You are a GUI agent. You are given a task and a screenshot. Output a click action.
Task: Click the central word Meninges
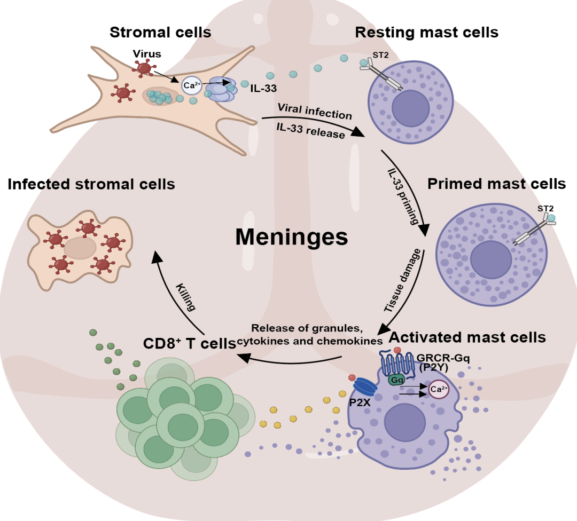pos(292,236)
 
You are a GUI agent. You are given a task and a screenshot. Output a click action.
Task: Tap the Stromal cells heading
pos(160,33)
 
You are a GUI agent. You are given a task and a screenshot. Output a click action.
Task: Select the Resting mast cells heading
pos(426,33)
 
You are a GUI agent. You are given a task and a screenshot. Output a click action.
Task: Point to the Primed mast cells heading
pos(496,184)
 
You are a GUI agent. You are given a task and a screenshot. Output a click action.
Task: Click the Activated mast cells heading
pos(467,337)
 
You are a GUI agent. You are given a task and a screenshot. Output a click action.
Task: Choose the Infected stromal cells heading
pos(91,184)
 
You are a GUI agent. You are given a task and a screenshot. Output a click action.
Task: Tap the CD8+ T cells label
pos(189,343)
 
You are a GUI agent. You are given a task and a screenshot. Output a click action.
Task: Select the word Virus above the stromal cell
pos(147,54)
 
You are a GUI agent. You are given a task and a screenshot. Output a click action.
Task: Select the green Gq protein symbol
pos(396,380)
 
